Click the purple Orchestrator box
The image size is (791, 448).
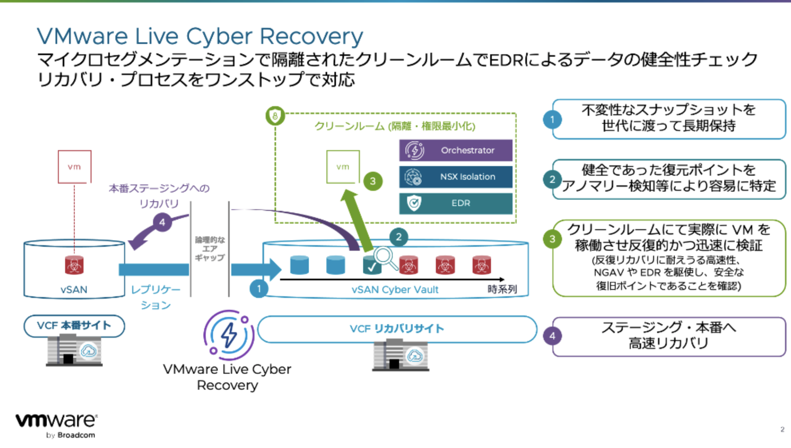455,150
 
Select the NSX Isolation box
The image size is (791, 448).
455,176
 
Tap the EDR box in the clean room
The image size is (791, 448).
455,203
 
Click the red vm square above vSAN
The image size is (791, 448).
74,167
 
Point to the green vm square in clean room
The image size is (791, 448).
343,167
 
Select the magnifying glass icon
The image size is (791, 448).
385,258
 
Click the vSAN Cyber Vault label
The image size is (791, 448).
395,289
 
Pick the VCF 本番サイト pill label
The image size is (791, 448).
74,326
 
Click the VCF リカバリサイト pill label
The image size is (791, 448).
397,329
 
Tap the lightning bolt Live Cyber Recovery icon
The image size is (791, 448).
229,335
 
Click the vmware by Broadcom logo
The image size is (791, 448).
56,425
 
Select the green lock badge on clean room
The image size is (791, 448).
275,116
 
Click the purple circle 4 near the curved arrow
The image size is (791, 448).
162,222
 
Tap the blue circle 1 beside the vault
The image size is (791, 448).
259,288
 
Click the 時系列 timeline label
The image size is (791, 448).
502,289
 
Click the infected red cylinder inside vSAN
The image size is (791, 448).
74,265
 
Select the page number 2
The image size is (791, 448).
782,430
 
